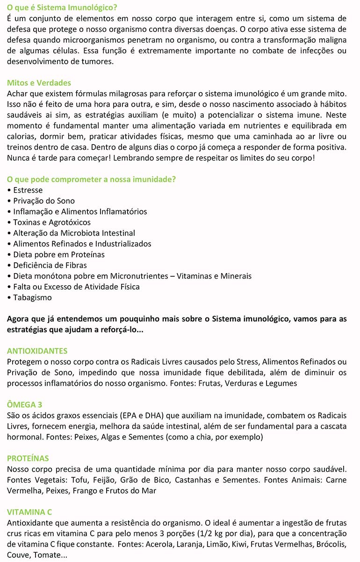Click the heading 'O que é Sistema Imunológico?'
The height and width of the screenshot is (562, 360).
pyautogui.click(x=62, y=8)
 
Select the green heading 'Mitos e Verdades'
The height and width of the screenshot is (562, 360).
pyautogui.click(x=39, y=83)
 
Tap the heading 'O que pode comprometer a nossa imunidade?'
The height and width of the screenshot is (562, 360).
pyautogui.click(x=92, y=179)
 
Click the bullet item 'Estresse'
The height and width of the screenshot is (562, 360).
pyautogui.click(x=28, y=190)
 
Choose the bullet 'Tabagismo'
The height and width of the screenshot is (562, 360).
pyautogui.click(x=32, y=297)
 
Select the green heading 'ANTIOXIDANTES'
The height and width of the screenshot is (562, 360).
pyautogui.click(x=37, y=351)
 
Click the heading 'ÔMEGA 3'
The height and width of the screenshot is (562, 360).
pyautogui.click(x=25, y=404)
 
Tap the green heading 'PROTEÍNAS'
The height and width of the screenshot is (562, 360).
pyautogui.click(x=28, y=458)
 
